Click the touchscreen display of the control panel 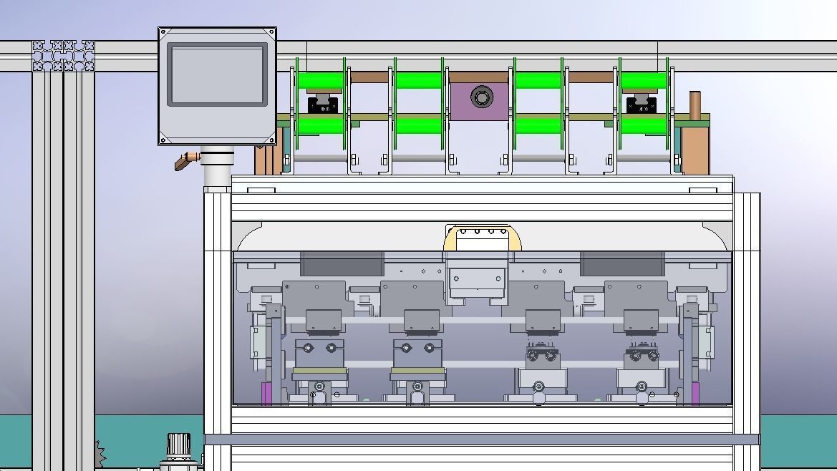coord(218,74)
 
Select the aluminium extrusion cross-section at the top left coord(63,56)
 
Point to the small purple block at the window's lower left coord(266,394)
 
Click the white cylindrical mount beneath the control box coord(217,166)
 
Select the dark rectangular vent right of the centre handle coord(621,263)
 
